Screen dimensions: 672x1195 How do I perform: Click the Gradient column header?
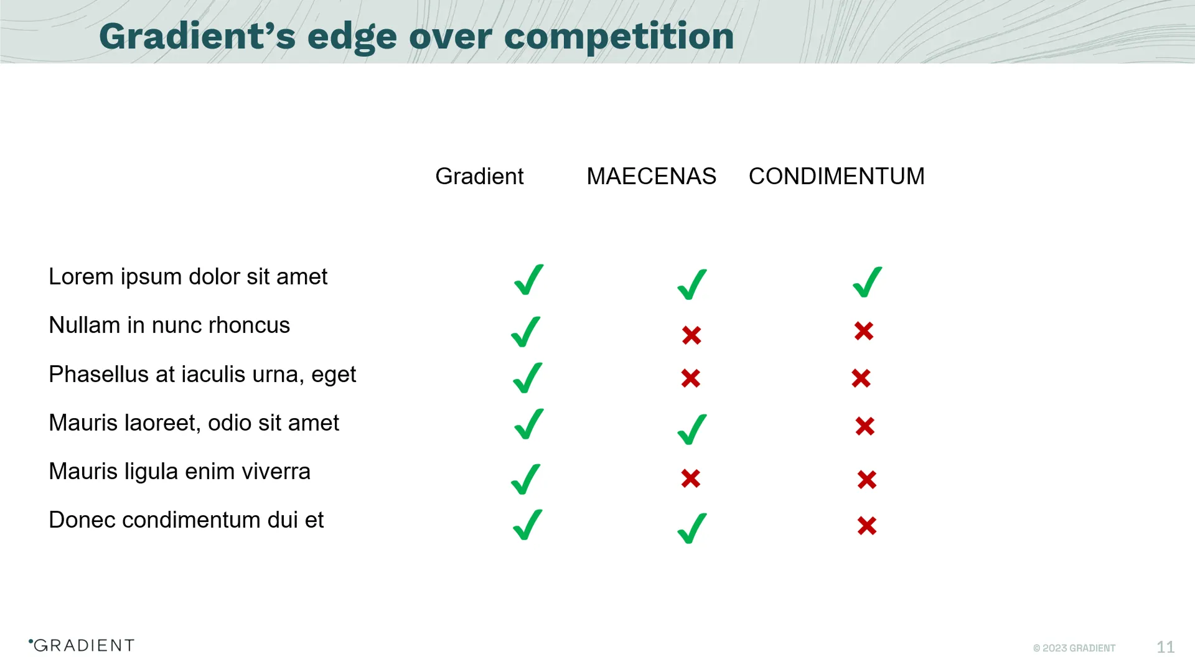click(x=479, y=177)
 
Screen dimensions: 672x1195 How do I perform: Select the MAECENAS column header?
click(x=651, y=177)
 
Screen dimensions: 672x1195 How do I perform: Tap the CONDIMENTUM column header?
click(x=836, y=177)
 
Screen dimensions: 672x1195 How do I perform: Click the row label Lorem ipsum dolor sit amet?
click(x=188, y=277)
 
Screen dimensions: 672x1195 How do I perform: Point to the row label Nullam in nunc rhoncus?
click(x=169, y=325)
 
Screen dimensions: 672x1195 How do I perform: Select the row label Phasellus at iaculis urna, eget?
click(x=202, y=375)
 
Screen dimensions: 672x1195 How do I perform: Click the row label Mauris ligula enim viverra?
click(x=179, y=472)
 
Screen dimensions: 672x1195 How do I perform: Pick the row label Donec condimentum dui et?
click(x=186, y=520)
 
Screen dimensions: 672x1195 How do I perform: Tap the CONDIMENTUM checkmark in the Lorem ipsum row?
click(x=867, y=282)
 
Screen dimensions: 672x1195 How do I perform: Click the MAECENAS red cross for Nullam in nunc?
click(x=691, y=335)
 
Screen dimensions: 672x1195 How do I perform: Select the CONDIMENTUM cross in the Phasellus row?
click(x=861, y=378)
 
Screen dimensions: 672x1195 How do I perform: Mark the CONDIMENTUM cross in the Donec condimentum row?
click(x=866, y=526)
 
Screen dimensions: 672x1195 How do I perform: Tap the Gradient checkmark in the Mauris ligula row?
click(x=525, y=480)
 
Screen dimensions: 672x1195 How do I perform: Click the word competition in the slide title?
click(x=619, y=36)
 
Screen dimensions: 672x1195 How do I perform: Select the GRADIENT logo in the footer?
click(x=82, y=646)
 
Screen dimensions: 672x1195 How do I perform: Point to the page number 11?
click(x=1165, y=648)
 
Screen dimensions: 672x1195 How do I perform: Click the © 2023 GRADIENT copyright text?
click(x=1074, y=648)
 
